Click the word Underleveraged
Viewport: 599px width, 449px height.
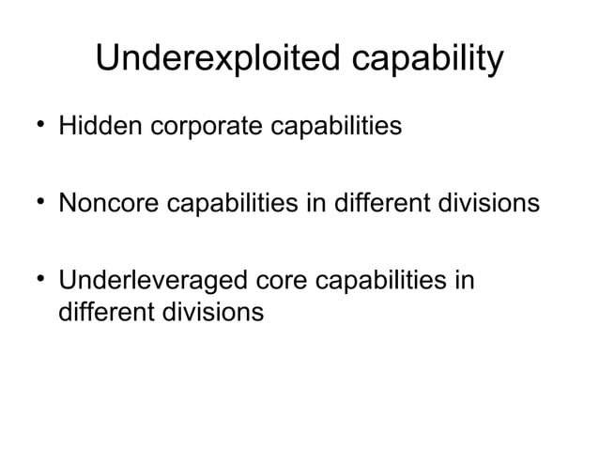(x=150, y=282)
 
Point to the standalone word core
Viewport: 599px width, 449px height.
(x=276, y=282)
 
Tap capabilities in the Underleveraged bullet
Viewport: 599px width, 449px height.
(x=377, y=282)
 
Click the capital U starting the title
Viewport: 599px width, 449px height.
(x=108, y=61)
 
